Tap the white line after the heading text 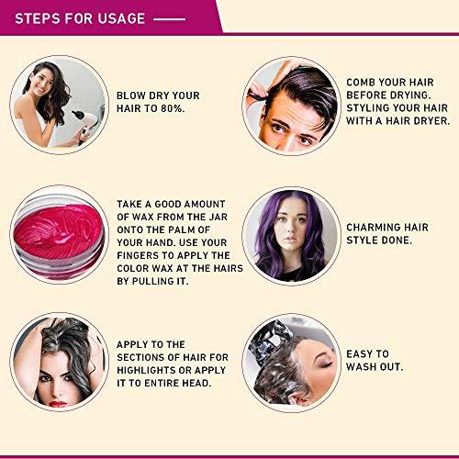coord(169,19)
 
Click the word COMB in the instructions coord(360,83)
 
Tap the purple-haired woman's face coord(292,228)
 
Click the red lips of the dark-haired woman coord(58,404)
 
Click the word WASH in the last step coord(361,367)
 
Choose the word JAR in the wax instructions coord(218,217)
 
